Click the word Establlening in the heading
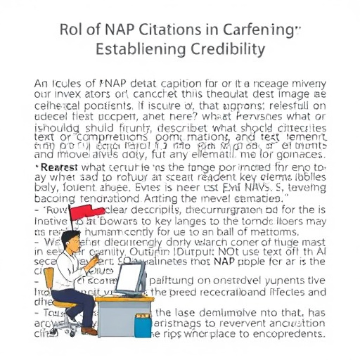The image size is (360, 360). [x=138, y=50]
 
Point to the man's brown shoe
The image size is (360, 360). [x=88, y=330]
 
